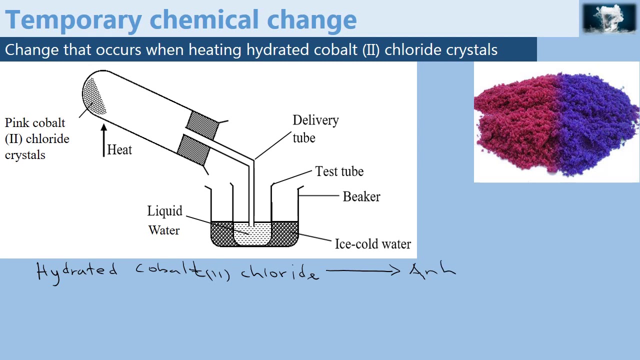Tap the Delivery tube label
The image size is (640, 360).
point(315,129)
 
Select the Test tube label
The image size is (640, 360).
point(339,171)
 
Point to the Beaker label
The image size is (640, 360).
point(361,196)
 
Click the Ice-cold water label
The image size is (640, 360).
point(372,244)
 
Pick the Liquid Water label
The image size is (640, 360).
point(164,220)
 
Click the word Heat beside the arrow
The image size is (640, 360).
point(119,150)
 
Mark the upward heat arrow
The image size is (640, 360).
point(103,140)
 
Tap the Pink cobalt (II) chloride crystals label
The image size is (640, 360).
point(36,139)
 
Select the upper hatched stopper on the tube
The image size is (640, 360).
point(202,124)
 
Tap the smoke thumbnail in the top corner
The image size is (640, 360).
point(609,18)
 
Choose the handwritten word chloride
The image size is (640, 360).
point(279,272)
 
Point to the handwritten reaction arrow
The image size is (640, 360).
point(363,271)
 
